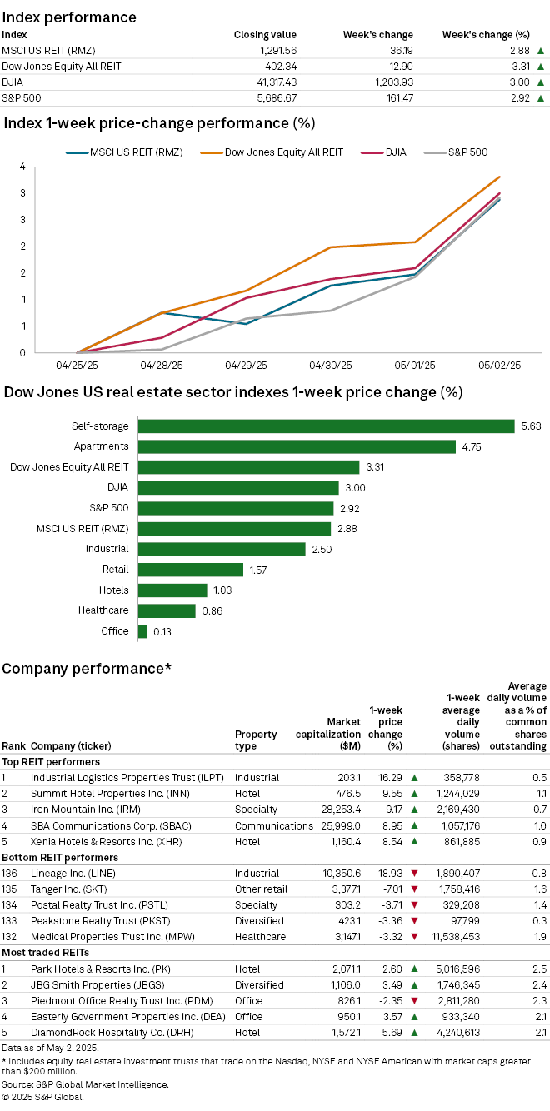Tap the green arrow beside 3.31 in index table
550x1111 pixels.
click(541, 67)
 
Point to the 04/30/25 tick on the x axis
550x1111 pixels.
click(330, 366)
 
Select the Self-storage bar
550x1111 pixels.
click(326, 426)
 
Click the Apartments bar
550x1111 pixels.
click(297, 446)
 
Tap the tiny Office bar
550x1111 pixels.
click(142, 631)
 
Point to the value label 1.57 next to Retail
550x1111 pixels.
click(257, 570)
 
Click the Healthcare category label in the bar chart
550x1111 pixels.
click(103, 610)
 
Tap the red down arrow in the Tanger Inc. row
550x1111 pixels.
click(414, 889)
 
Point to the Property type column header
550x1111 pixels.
click(256, 740)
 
